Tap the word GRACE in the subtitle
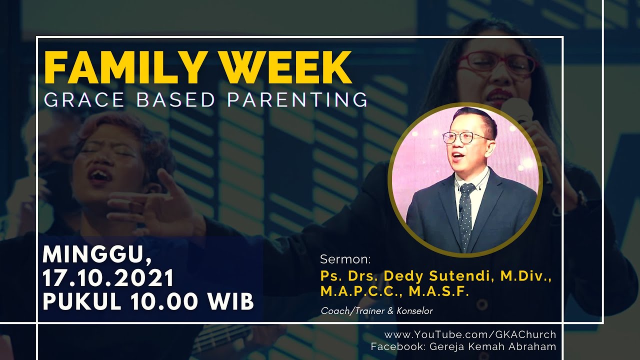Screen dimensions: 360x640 84,99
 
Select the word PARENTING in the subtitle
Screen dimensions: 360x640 297,99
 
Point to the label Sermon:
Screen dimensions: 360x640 345,259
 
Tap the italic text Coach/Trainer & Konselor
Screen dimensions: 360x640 376,311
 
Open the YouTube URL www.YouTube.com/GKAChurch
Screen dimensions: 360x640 470,334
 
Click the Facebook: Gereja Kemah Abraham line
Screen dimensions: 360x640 463,346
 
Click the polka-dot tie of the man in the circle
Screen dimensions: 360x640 466,215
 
